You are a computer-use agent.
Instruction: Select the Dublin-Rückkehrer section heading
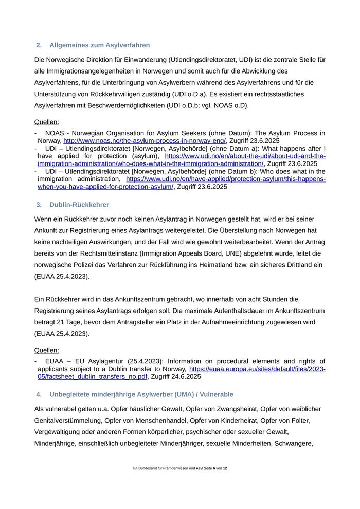point(79,205)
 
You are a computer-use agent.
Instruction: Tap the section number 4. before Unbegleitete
point(39,394)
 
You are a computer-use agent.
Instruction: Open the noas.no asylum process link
point(145,140)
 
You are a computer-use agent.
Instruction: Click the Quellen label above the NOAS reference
point(46,122)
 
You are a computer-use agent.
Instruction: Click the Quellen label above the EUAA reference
point(46,350)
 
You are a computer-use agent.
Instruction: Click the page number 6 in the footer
point(214,469)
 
